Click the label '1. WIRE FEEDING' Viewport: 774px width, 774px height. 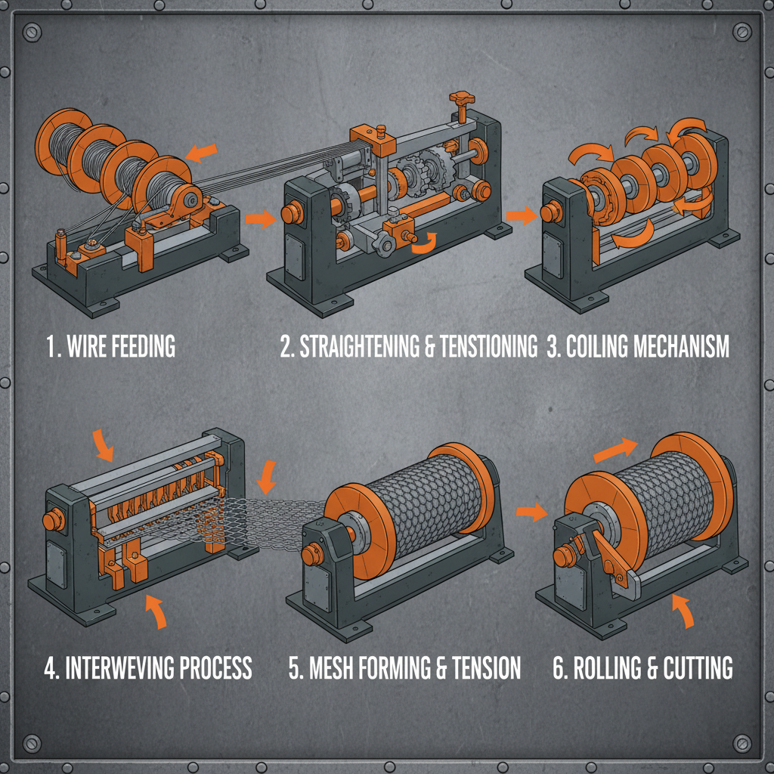110,347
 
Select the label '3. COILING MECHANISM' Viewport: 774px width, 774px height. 637,347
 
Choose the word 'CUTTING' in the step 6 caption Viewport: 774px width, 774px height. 696,668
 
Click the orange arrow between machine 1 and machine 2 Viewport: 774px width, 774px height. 259,219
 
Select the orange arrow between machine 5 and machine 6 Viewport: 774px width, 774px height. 531,512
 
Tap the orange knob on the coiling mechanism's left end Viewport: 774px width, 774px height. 550,214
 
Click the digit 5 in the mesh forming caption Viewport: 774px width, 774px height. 295,668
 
